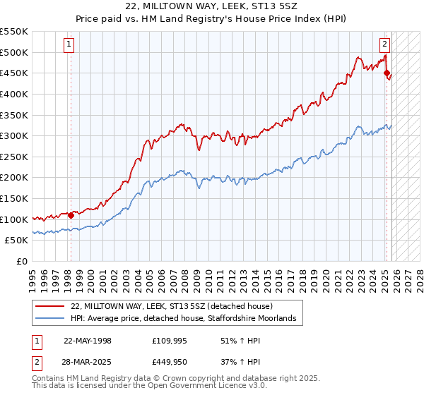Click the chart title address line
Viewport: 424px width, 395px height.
[212, 6]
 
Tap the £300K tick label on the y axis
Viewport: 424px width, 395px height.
[14, 135]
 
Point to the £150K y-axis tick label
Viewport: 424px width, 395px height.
[14, 198]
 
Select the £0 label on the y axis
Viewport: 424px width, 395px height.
[23, 261]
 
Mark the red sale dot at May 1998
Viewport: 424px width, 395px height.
[71, 215]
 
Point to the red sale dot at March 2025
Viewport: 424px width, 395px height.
[387, 73]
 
